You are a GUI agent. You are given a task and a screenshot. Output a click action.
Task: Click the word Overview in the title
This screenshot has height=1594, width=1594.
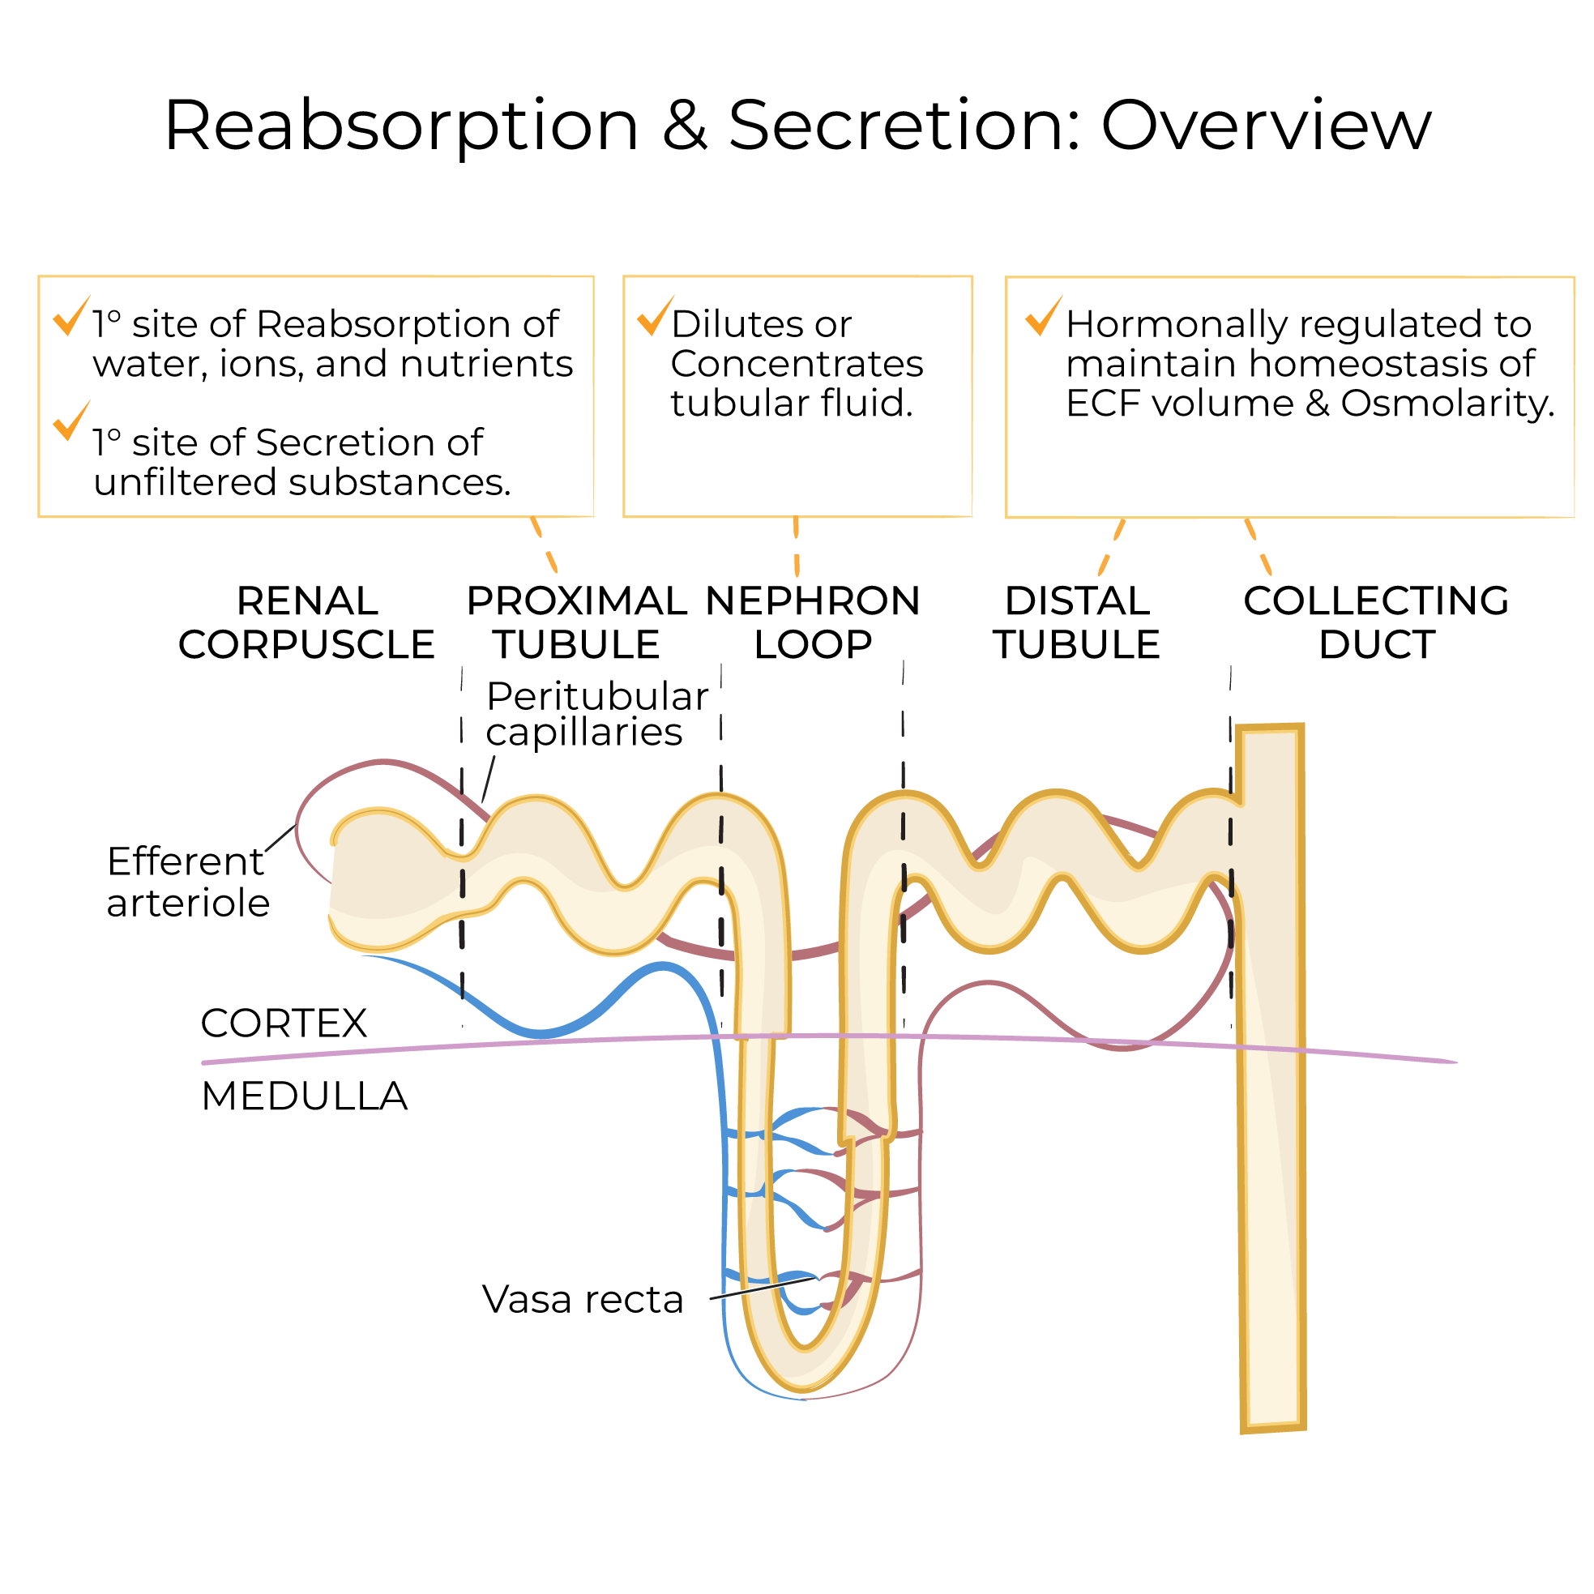[x=1266, y=126]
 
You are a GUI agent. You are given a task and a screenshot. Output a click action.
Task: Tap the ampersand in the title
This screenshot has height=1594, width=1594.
[x=685, y=126]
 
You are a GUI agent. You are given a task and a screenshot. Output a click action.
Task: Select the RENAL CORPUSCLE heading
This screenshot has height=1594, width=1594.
[x=307, y=623]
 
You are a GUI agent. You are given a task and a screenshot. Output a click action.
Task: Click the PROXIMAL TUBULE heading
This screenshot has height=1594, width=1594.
[x=576, y=623]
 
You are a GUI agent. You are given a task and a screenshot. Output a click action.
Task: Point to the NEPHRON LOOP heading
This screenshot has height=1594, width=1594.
[x=813, y=623]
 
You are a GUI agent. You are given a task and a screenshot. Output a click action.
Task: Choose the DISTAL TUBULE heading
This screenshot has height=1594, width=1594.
[x=1077, y=623]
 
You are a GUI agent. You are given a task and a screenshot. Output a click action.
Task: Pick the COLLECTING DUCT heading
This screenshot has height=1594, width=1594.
[x=1376, y=623]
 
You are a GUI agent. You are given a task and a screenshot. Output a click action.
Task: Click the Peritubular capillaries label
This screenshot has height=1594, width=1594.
[x=596, y=715]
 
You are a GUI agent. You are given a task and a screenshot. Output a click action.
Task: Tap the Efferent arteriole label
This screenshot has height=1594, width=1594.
[x=187, y=882]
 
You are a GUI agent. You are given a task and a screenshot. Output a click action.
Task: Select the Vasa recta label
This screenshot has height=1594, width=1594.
[x=583, y=1300]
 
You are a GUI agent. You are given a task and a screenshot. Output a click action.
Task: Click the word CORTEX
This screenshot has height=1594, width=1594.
[x=283, y=1023]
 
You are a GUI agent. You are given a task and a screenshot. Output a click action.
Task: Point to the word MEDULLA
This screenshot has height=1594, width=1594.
[x=304, y=1096]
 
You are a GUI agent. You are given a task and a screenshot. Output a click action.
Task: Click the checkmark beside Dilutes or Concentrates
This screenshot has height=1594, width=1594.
[x=655, y=317]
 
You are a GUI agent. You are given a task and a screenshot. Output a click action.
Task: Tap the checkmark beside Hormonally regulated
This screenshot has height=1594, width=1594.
[x=1044, y=317]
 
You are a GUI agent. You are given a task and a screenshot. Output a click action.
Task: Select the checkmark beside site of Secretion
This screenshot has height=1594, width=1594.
[x=71, y=422]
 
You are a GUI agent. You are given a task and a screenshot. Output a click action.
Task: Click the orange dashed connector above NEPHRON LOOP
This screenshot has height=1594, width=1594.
[x=796, y=546]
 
